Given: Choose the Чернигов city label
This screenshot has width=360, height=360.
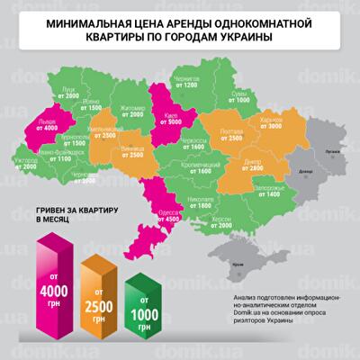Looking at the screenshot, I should tap(186, 79).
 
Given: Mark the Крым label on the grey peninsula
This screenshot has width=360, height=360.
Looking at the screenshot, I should tap(236, 262).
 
